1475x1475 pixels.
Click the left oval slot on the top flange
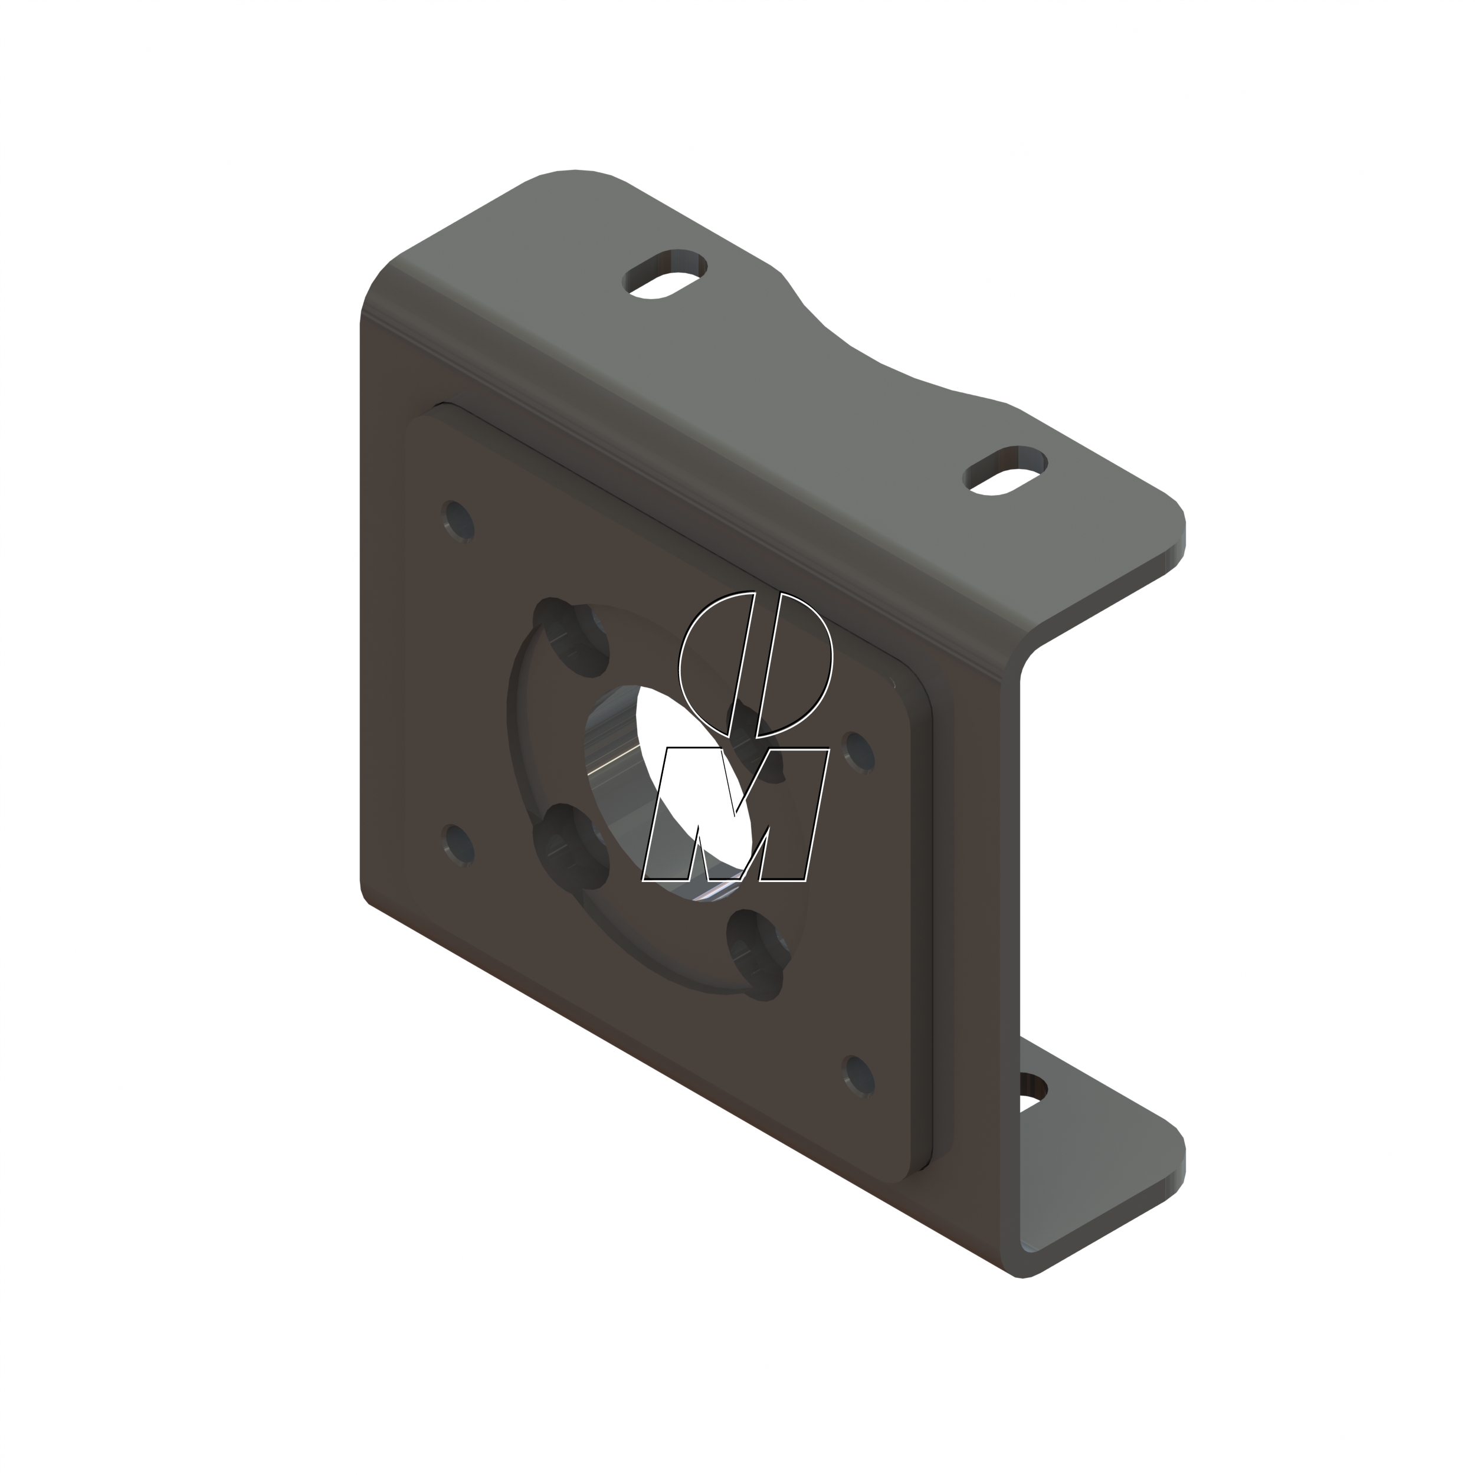click(664, 273)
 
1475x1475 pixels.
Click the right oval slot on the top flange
click(1005, 470)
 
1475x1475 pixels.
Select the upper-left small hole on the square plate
click(458, 522)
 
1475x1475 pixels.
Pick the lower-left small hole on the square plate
click(458, 845)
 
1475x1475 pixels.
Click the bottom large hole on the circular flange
click(754, 954)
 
